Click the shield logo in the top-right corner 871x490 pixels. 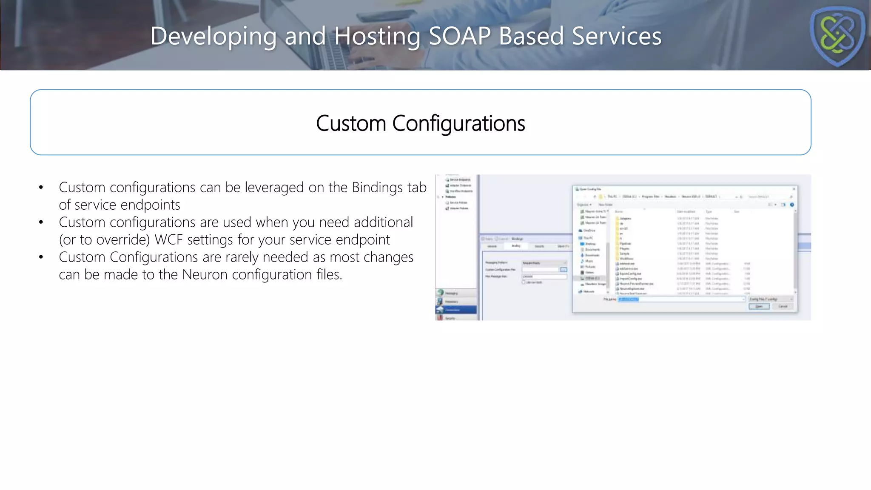pyautogui.click(x=837, y=36)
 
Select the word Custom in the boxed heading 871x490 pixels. pyautogui.click(x=351, y=124)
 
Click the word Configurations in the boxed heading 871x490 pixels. pyautogui.click(x=458, y=124)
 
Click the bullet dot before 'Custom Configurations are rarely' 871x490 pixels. pyautogui.click(x=41, y=257)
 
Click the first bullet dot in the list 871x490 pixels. pyautogui.click(x=41, y=188)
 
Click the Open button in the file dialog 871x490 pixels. pyautogui.click(x=759, y=306)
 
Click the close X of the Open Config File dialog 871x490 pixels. pyautogui.click(x=794, y=189)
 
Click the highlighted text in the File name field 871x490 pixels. pyautogui.click(x=628, y=299)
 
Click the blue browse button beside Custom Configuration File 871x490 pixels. pyautogui.click(x=564, y=270)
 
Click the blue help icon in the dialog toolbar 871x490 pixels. pyautogui.click(x=792, y=205)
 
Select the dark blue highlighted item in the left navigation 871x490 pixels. pyautogui.click(x=456, y=310)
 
